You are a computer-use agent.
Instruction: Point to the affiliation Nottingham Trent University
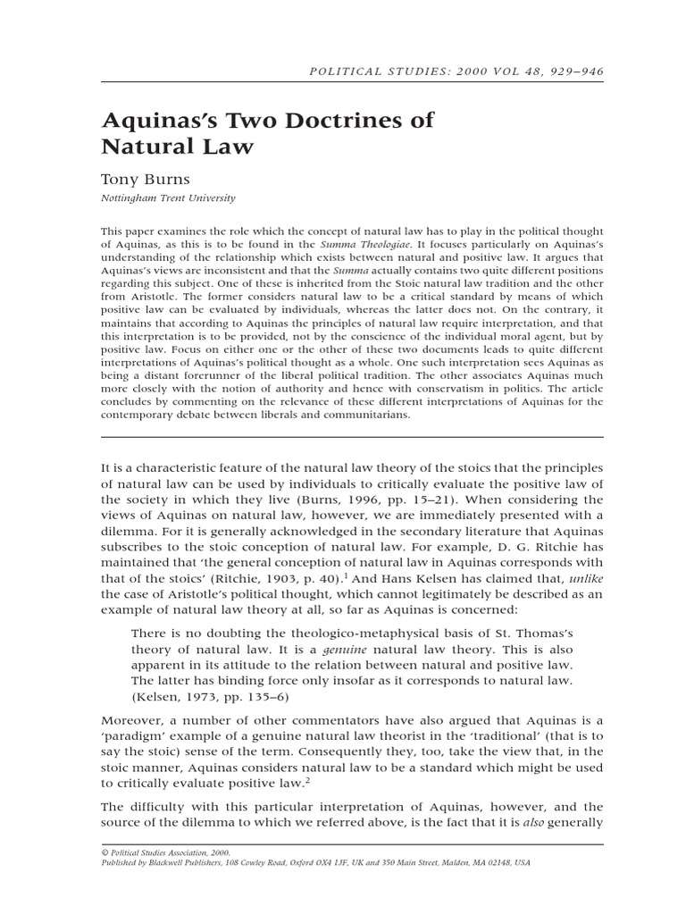tap(168, 198)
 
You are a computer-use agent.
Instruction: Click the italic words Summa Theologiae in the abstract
tap(365, 244)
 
